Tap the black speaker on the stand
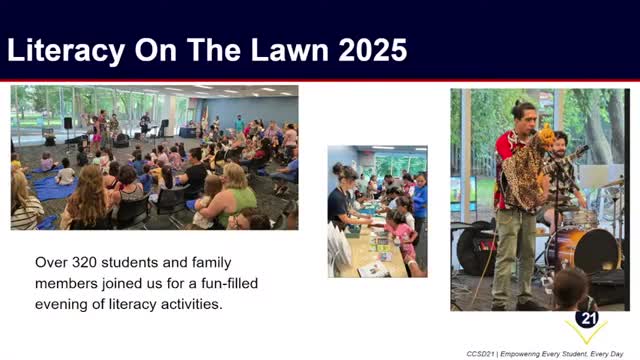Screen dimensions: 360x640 (68, 124)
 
